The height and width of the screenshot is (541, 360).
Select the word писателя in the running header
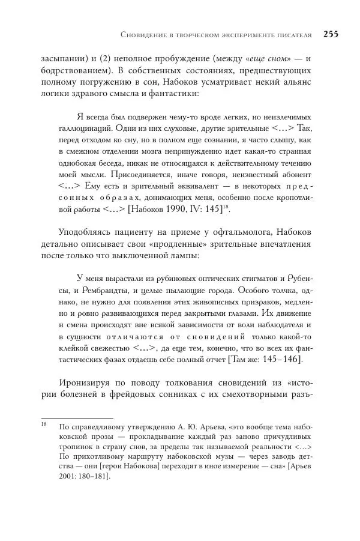295,35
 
